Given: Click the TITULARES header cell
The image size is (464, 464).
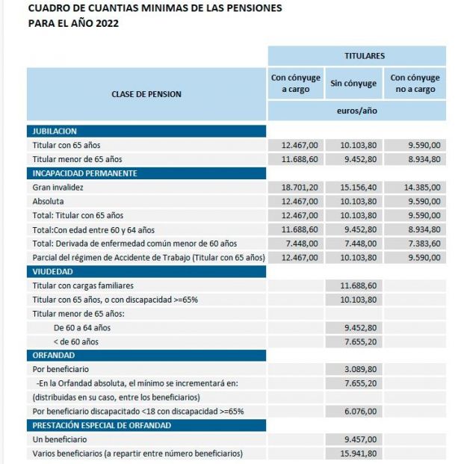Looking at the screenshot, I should [x=356, y=56].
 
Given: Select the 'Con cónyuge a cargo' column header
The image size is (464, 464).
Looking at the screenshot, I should [x=295, y=84].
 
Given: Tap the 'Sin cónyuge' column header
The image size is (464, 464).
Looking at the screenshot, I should [x=353, y=84].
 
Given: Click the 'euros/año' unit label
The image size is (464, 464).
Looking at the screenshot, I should [x=356, y=111].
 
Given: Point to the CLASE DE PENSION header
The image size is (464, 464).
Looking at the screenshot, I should [x=146, y=94].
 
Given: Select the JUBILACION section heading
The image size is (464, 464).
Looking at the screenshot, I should [x=55, y=132].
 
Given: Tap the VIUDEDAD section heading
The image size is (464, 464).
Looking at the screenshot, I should [x=52, y=272].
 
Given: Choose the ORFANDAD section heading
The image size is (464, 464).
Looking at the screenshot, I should [x=54, y=355].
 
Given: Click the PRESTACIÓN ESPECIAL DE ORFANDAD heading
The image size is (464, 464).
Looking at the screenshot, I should [x=102, y=425].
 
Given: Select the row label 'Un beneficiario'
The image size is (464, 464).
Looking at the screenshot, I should [x=61, y=439].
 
